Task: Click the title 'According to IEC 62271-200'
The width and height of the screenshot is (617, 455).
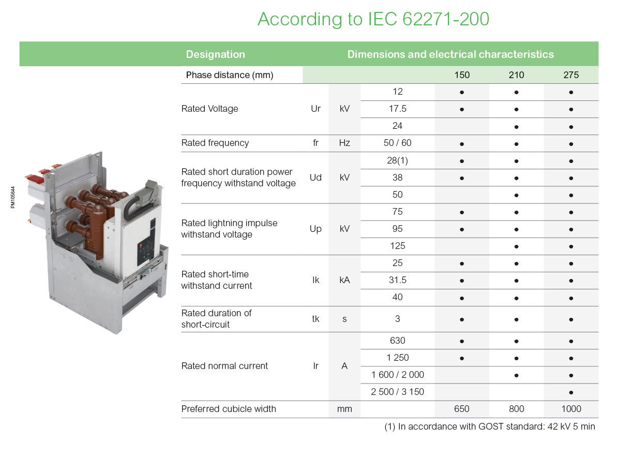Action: [373, 19]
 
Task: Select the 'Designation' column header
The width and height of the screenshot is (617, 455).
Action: [215, 54]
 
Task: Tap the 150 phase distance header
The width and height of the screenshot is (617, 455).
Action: [461, 75]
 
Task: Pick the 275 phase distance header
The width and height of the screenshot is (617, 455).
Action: [571, 75]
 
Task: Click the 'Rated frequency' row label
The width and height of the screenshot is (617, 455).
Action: [215, 143]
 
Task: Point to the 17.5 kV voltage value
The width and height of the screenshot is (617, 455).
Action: [397, 109]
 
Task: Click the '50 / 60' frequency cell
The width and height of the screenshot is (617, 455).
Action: [397, 143]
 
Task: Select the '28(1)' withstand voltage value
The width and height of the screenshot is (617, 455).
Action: [397, 160]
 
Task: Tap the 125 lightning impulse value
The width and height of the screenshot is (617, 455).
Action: [397, 246]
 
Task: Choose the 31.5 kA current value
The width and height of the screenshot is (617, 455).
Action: [397, 280]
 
